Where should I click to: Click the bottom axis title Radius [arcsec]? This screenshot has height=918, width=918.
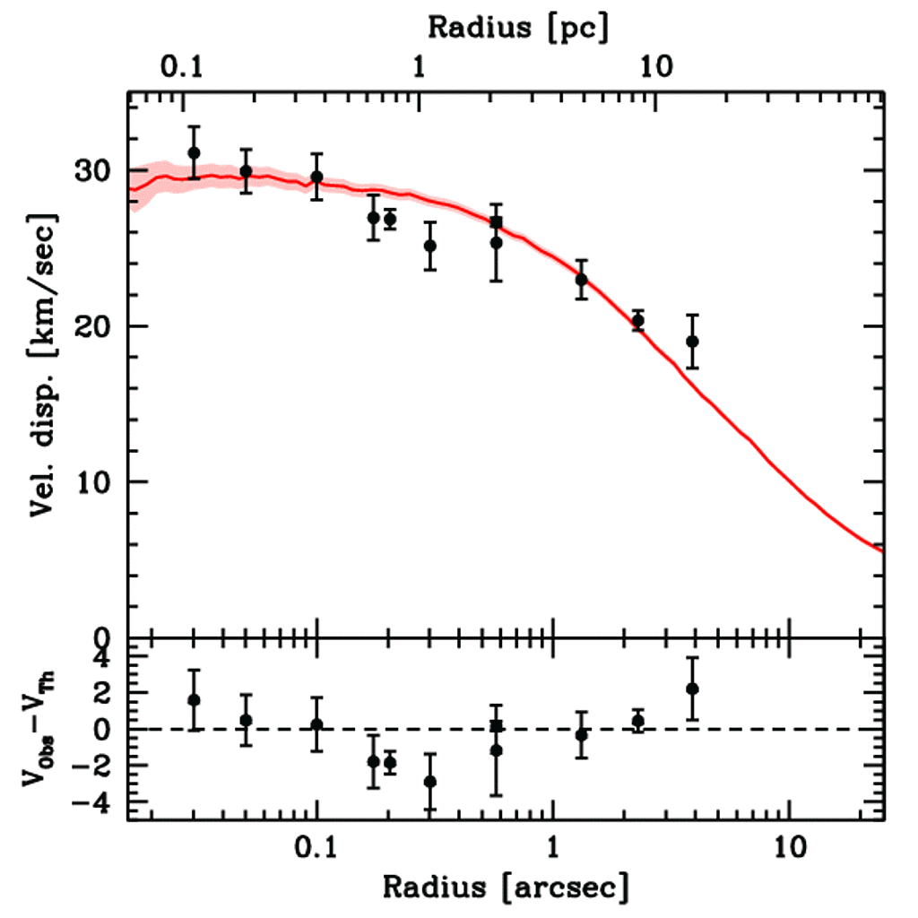(506, 888)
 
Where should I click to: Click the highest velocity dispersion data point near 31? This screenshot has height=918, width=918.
(194, 153)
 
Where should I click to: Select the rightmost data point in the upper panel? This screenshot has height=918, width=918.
(692, 341)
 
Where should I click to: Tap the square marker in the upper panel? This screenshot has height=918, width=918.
(496, 222)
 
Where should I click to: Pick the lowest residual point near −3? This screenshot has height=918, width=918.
(430, 781)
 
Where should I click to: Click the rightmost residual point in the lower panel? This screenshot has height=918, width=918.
(692, 688)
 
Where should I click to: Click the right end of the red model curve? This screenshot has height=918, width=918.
(884, 550)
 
